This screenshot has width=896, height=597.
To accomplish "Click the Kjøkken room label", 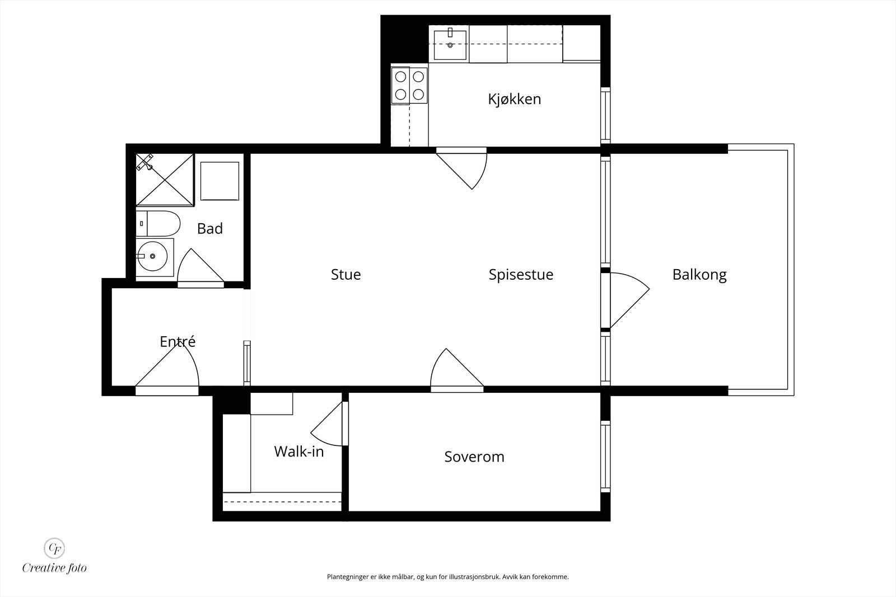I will [x=514, y=99].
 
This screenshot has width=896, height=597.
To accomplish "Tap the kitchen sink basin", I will [x=450, y=45].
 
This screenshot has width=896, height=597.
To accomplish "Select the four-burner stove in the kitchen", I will [x=409, y=85].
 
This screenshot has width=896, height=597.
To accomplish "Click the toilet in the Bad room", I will [x=158, y=224].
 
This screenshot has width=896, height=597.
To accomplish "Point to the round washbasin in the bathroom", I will [x=152, y=257].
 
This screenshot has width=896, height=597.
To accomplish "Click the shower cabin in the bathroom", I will [x=165, y=179].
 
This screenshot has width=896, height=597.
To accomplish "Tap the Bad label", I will [x=210, y=228].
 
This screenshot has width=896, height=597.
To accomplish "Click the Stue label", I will [x=346, y=274].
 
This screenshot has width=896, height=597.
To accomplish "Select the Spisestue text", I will [x=521, y=274].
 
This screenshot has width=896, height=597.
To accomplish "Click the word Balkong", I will [x=699, y=274].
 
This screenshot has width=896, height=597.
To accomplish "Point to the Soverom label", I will [x=474, y=457].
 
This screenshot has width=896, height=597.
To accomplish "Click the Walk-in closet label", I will [x=299, y=452].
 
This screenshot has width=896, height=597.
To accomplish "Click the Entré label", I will [x=178, y=341].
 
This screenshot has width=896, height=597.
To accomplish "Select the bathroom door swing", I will [x=199, y=269].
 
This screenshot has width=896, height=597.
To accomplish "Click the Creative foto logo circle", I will [x=54, y=547].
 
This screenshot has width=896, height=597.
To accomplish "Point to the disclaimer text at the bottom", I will [x=447, y=576].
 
